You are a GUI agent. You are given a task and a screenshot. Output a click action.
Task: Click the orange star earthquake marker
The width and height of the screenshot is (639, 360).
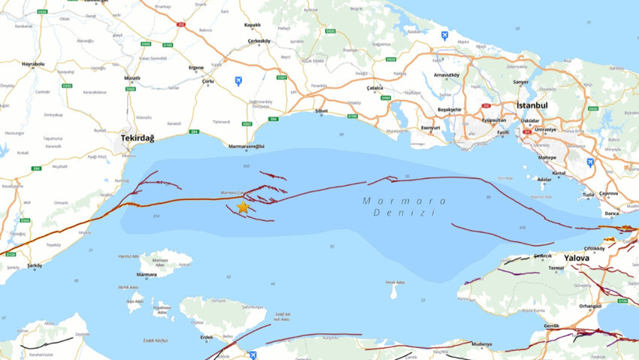point(242,207)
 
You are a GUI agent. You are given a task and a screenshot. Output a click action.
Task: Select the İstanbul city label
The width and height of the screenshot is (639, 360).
point(531,105)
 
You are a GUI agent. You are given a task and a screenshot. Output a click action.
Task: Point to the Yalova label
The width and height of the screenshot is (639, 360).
point(577,257)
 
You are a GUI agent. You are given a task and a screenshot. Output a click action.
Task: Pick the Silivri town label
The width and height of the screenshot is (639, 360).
point(322,110)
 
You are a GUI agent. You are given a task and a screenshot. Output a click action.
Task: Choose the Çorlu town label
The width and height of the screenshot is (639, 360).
point(208,80)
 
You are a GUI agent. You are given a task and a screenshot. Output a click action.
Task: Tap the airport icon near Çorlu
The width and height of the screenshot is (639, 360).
point(238,80)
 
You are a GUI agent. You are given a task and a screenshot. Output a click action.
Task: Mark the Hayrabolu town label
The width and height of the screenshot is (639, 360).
point(33,64)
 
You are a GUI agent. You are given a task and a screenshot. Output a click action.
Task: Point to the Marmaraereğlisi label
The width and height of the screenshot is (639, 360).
point(247,147)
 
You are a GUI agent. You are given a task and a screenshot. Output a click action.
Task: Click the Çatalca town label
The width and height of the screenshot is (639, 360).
point(374,88)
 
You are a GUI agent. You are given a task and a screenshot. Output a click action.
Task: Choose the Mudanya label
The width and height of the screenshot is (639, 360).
point(482,344)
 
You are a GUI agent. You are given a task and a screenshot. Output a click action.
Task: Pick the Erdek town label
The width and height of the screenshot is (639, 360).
point(207,337)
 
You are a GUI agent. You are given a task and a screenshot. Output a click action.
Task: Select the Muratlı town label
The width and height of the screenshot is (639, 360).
point(132,78)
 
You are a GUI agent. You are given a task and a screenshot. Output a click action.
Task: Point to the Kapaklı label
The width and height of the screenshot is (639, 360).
point(253,24)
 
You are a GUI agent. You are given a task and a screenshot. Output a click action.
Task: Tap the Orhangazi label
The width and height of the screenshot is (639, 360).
point(590,306)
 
